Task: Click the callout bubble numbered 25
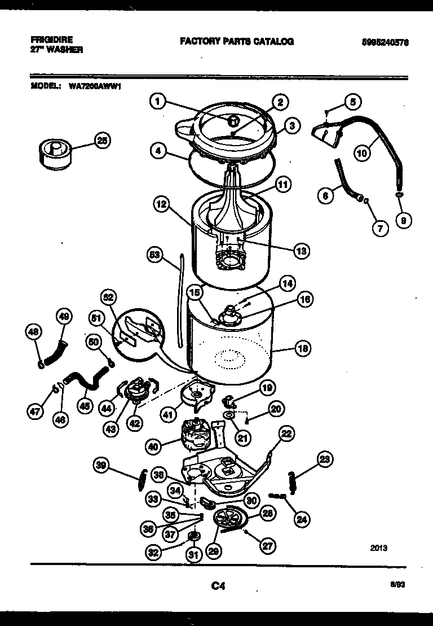click(101, 141)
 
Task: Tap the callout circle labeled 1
click(158, 102)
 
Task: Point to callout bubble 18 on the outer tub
click(303, 349)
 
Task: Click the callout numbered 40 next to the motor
click(153, 446)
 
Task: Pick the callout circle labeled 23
click(324, 459)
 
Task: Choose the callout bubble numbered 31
click(194, 555)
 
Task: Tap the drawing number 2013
click(379, 548)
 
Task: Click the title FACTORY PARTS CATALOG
click(236, 42)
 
